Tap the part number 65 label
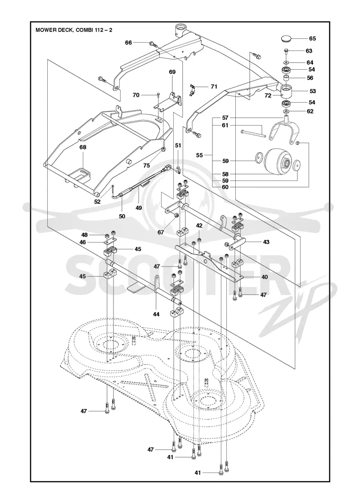(x=312, y=39)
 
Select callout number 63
(x=309, y=51)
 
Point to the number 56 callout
(x=310, y=78)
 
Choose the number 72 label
(x=267, y=95)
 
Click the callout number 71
(x=214, y=86)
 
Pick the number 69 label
(x=172, y=72)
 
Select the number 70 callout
(x=136, y=95)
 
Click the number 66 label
(x=129, y=42)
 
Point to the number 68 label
(x=83, y=148)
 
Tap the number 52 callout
(x=97, y=202)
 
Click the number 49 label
(x=139, y=207)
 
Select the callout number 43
(x=266, y=242)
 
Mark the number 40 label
(x=265, y=276)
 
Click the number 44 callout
(x=156, y=315)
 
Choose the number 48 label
(x=84, y=235)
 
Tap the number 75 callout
(x=147, y=166)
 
